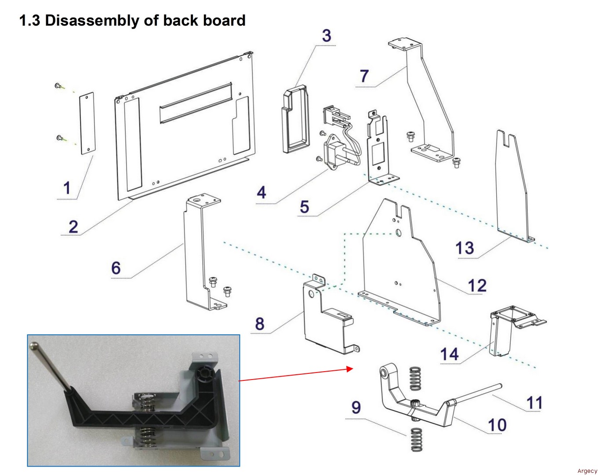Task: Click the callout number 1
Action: coord(67,188)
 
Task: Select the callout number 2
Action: coord(73,227)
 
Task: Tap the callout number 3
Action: coord(326,36)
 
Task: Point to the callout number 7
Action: coord(364,76)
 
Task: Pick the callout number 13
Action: coord(465,248)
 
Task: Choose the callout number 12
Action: coord(477,286)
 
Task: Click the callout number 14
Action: coord(450,354)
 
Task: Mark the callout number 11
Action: coord(534,402)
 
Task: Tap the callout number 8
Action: coord(260,324)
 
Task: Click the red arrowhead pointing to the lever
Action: coord(350,369)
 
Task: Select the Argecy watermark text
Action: coord(587,471)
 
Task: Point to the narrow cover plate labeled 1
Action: coord(87,123)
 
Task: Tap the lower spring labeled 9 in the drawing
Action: coord(416,439)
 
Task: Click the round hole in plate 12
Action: coord(398,232)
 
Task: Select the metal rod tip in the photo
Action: coord(33,347)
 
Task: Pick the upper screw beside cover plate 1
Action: coord(58,86)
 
